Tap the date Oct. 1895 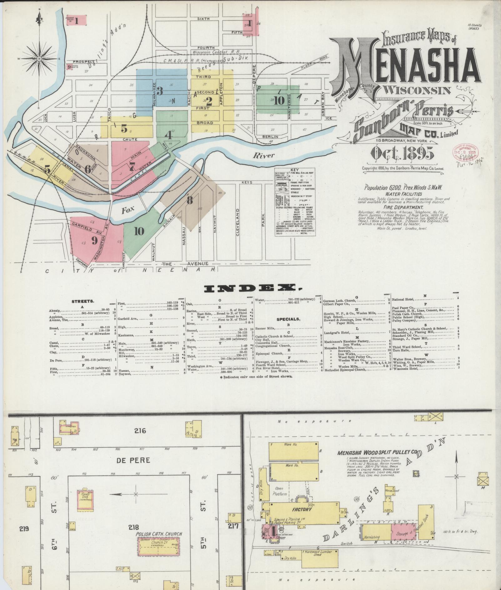(x=402, y=153)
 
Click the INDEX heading (x=250, y=288)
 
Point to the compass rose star (x=40, y=59)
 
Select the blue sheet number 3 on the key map (x=160, y=91)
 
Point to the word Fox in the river (x=128, y=210)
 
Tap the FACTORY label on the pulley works (x=302, y=509)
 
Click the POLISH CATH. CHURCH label (x=159, y=534)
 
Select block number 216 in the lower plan (x=140, y=431)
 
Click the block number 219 (x=24, y=528)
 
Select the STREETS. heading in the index (x=83, y=302)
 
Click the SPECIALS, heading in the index (x=288, y=319)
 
